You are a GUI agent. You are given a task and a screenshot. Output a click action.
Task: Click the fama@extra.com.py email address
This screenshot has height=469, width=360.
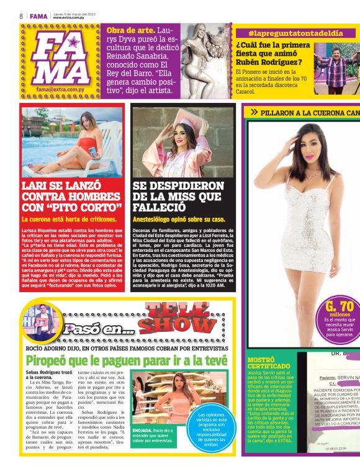pyautogui.click(x=61, y=89)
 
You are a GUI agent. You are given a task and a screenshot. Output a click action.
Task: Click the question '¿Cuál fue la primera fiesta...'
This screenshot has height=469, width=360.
pyautogui.click(x=273, y=53)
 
